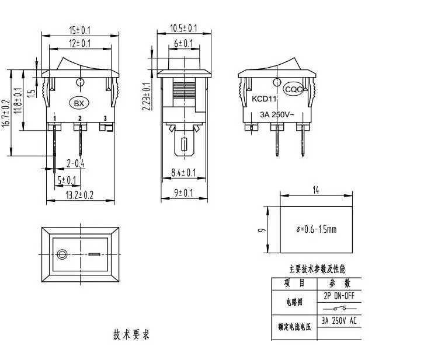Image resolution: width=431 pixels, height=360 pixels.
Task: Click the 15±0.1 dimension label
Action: [79, 30]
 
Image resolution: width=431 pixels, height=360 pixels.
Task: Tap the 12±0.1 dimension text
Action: [79, 43]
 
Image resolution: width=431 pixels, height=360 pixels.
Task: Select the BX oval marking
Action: [79, 103]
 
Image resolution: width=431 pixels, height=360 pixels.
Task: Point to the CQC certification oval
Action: [293, 89]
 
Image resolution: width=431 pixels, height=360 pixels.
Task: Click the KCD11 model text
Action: [264, 99]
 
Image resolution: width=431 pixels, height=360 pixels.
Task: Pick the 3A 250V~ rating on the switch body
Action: [277, 114]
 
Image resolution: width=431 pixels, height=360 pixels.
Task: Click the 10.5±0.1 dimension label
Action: [183, 28]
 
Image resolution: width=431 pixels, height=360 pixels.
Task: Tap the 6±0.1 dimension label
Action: [183, 43]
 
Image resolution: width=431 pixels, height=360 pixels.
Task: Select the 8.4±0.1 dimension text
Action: [183, 173]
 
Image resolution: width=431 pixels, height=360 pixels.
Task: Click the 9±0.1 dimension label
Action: [183, 193]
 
